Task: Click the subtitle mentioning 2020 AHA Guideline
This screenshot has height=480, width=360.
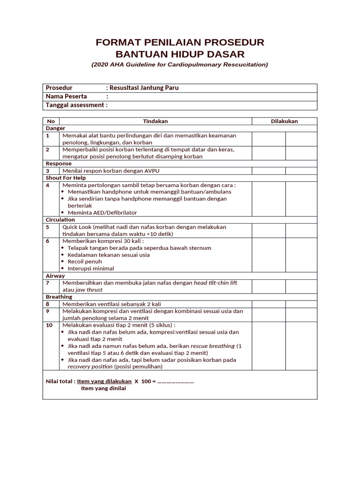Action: (x=180, y=65)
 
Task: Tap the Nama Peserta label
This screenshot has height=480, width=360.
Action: (x=66, y=97)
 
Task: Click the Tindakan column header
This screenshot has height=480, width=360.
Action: (x=155, y=121)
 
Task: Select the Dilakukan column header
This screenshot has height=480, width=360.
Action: (x=284, y=121)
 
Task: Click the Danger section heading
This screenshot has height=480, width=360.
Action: (x=55, y=128)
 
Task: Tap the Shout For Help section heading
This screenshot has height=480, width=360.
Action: (x=66, y=178)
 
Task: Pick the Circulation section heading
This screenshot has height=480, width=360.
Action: (x=60, y=220)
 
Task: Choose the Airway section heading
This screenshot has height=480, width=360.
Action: (x=55, y=276)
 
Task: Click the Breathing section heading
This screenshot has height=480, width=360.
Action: (x=59, y=297)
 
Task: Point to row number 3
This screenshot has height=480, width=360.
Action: (x=47, y=171)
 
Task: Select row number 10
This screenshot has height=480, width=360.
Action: (x=49, y=325)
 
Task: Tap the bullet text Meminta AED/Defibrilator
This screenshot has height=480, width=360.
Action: (x=102, y=213)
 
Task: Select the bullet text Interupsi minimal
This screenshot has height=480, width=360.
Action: (x=90, y=269)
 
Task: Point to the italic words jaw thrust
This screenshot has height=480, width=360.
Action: (x=89, y=290)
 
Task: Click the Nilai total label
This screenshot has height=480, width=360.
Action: (x=60, y=382)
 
